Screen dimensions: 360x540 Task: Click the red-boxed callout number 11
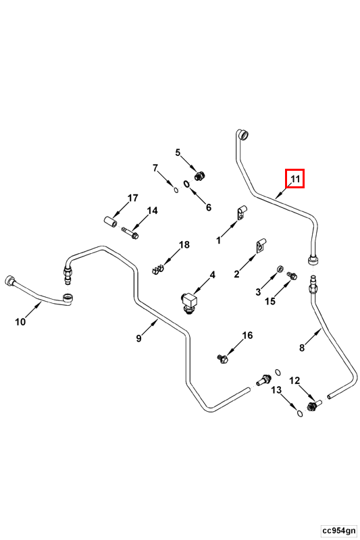point(296,179)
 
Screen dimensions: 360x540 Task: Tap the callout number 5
point(178,153)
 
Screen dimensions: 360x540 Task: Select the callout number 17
point(132,198)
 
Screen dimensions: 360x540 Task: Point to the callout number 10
point(20,322)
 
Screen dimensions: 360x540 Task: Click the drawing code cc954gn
point(338,530)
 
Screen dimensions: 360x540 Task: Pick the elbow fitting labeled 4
point(188,302)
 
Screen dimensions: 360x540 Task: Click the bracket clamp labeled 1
point(242,213)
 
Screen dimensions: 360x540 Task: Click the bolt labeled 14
point(130,233)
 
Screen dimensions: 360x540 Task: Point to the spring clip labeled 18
point(157,269)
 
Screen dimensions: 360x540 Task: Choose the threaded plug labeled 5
point(200,175)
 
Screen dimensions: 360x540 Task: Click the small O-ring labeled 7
point(176,190)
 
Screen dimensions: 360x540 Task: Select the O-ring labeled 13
point(300,413)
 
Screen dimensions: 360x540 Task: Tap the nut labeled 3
point(281,268)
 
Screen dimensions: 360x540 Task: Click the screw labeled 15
point(292,275)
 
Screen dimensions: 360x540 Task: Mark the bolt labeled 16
point(223,360)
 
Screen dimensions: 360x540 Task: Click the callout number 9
point(138,338)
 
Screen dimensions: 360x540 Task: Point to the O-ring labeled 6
point(186,184)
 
